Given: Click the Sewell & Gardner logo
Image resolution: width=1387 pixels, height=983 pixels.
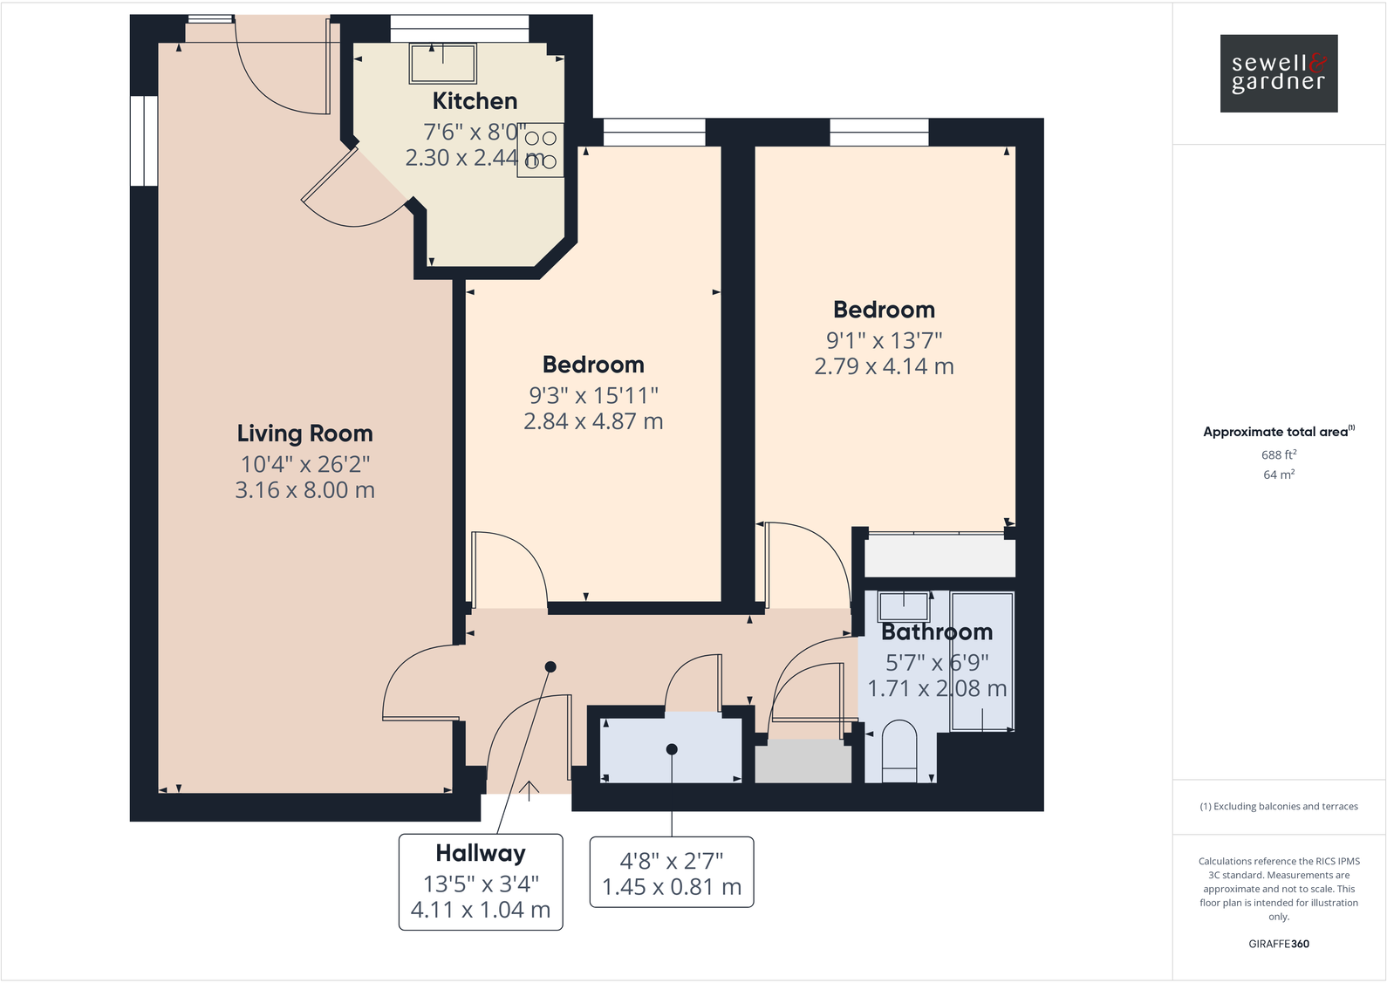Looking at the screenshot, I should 1278,73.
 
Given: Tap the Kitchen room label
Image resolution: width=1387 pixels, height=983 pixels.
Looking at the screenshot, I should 475,101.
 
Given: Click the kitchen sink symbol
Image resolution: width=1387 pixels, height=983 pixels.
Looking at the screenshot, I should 443,63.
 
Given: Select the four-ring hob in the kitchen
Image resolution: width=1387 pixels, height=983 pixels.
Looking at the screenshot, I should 540,150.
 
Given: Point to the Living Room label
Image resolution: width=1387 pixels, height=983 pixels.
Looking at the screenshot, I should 304,433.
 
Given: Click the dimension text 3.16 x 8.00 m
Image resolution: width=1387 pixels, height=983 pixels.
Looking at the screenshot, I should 304,490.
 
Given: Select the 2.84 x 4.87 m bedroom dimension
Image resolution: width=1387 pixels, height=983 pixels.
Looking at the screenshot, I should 593,421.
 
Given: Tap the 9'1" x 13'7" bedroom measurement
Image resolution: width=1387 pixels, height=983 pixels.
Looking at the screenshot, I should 884,340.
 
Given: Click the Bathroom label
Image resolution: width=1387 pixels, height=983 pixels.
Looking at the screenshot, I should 936,631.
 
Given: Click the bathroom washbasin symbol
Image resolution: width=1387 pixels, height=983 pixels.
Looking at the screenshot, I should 903,604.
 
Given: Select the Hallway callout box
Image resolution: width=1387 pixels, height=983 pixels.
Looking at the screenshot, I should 481,882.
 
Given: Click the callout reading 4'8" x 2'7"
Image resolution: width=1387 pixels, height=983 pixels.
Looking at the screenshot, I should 672,872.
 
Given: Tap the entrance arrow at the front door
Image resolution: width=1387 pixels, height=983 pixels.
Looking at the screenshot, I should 530,789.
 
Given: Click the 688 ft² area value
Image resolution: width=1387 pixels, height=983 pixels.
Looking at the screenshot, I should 1278,454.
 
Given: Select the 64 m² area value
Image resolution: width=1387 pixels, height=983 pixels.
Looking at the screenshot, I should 1278,474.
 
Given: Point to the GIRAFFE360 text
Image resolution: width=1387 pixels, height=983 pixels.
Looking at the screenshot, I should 1278,944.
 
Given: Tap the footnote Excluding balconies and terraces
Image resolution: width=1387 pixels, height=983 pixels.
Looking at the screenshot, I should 1278,806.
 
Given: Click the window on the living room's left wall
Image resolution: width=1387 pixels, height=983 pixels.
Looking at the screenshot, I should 144,140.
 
